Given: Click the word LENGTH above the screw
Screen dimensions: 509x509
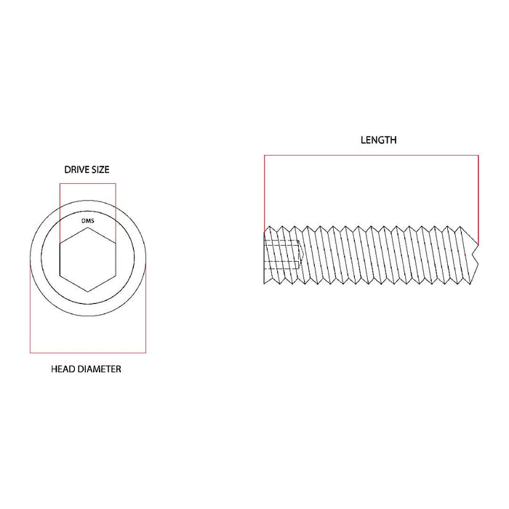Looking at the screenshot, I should click(x=378, y=140).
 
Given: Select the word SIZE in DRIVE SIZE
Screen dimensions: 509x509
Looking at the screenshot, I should click(x=100, y=169).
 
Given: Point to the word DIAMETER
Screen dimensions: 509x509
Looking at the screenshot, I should click(x=100, y=369).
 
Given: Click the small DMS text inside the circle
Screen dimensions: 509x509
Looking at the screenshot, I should click(x=87, y=218).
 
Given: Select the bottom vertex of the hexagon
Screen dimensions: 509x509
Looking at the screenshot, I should click(x=87, y=292).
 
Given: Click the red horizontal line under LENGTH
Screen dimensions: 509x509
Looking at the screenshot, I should click(x=371, y=155).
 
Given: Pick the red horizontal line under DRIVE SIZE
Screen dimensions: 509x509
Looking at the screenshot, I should click(x=87, y=183).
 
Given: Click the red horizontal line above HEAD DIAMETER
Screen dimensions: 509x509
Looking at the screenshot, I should click(x=87, y=353).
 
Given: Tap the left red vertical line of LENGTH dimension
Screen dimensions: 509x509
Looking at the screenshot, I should click(x=265, y=189).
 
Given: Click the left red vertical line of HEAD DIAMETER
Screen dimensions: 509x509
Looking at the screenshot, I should click(x=30, y=309).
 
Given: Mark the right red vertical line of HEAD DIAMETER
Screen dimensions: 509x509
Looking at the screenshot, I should click(x=145, y=309).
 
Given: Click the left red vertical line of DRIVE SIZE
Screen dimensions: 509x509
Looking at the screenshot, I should click(x=60, y=211).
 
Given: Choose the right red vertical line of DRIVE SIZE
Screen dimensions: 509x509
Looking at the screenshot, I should click(x=115, y=211).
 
